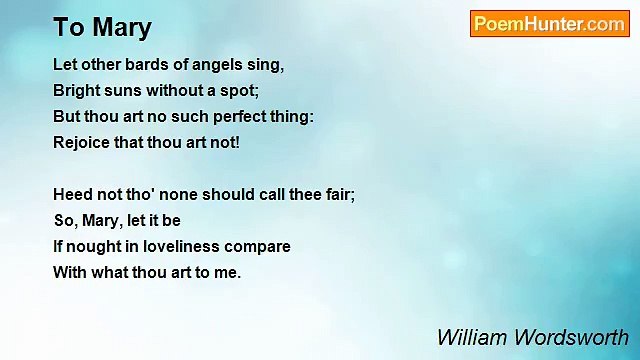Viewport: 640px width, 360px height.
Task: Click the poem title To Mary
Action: click(103, 26)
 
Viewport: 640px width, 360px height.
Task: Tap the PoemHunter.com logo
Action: click(549, 24)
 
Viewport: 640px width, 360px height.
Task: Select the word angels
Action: click(224, 65)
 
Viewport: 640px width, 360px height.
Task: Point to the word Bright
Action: click(75, 90)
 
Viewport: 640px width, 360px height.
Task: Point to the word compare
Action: click(261, 246)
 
